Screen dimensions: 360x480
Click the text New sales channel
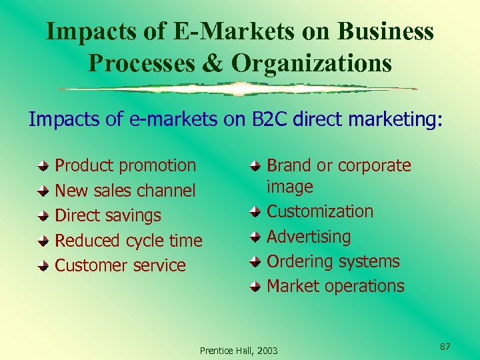125,191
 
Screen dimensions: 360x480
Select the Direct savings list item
107,215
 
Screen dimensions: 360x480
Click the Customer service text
120,265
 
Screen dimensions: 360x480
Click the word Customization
320,211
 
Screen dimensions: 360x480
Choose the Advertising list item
309,236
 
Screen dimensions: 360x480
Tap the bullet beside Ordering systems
255,262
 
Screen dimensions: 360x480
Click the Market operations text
335,286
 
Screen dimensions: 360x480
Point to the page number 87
445,346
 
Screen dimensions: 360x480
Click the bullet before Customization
255,212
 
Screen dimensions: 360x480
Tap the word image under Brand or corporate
289,187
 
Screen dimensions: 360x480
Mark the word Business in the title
386,31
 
